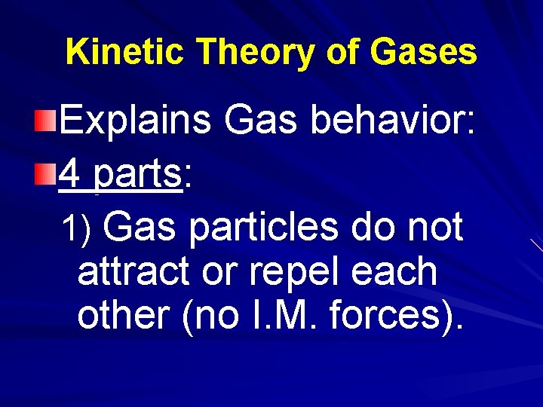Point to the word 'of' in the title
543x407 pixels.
(x=343, y=53)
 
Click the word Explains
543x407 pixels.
(x=135, y=121)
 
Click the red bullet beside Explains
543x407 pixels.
(x=45, y=118)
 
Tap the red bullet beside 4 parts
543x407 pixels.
(x=45, y=176)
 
